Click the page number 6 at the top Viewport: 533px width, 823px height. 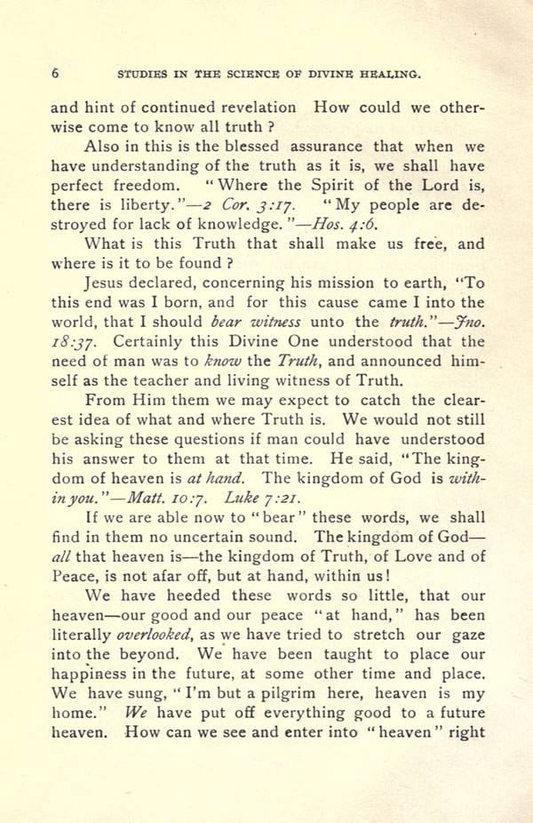coord(55,73)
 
